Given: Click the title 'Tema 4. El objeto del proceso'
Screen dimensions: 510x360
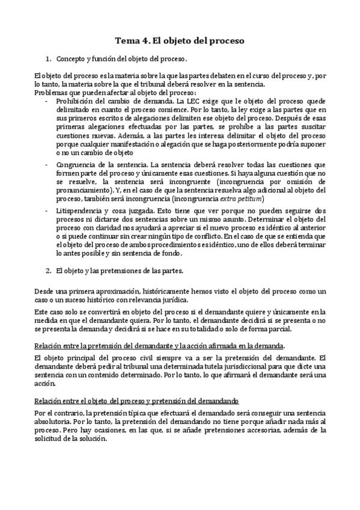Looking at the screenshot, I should click(180, 41).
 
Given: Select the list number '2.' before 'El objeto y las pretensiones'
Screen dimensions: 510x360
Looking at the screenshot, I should click(49, 271).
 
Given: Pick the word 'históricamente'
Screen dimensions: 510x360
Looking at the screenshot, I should click(154, 291).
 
